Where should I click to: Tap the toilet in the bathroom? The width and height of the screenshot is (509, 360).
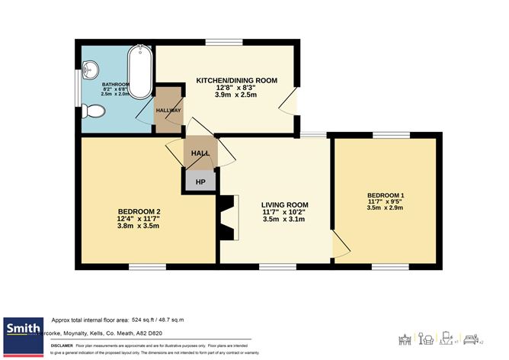point(94,111)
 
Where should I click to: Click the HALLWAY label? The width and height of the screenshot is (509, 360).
point(168,111)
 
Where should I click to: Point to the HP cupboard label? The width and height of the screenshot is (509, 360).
point(201,182)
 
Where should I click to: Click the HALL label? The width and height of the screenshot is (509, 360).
point(200,153)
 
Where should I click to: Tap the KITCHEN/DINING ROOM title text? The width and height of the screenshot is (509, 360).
point(236,80)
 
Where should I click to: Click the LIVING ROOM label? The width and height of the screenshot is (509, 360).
point(284,204)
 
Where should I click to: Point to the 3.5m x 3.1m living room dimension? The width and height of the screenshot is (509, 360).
point(284,220)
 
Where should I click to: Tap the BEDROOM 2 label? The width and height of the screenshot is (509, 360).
point(139,211)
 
